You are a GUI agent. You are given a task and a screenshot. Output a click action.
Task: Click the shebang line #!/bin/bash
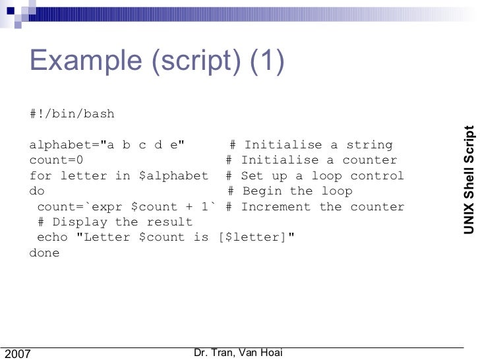click(x=72, y=114)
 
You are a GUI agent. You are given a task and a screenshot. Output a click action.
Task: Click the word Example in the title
click(x=85, y=63)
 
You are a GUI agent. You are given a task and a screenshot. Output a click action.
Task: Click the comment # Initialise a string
click(x=311, y=145)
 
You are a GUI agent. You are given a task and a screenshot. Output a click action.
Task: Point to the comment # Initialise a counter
click(x=311, y=160)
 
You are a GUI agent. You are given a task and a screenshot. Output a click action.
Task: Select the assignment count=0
click(x=57, y=160)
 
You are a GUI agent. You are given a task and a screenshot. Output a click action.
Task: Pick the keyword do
click(x=38, y=191)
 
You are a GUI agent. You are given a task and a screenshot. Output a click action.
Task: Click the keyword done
click(x=45, y=253)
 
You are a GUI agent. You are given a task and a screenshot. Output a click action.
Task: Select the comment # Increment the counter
click(x=315, y=206)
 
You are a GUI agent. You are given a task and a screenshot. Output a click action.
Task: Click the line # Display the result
click(x=115, y=222)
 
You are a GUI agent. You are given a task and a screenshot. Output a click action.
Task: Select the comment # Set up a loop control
click(x=315, y=176)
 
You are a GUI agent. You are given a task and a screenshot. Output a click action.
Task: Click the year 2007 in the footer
click(x=18, y=354)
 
